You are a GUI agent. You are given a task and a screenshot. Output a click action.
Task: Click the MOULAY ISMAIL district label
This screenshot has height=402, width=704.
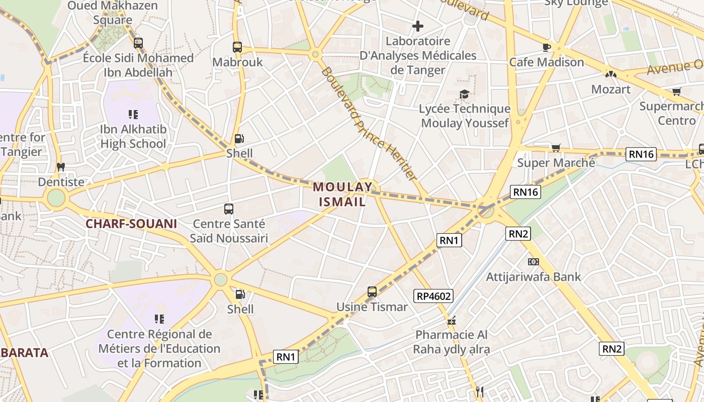[x=342, y=194]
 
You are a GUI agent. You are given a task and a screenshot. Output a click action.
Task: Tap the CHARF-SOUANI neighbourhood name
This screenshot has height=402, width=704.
[x=131, y=224]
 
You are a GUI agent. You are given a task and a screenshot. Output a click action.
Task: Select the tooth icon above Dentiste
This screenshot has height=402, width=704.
[x=61, y=167]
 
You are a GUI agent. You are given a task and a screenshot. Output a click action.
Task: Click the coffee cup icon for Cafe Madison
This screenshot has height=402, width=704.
[x=547, y=47]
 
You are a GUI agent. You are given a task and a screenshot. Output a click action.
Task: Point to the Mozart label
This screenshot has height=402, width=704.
[x=610, y=89]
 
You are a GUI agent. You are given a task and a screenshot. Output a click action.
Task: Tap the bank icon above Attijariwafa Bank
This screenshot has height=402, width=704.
[x=533, y=262]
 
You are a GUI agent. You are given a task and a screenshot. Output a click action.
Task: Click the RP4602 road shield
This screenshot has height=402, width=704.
[x=433, y=296]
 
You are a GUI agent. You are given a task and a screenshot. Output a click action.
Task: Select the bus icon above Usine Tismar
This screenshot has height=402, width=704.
[x=372, y=292]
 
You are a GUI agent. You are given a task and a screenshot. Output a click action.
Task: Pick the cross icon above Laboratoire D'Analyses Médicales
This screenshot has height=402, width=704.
[x=418, y=26]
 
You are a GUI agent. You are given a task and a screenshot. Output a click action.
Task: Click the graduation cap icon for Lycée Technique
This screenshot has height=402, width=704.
[x=464, y=94]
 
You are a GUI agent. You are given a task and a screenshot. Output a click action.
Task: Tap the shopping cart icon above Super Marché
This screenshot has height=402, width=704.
[x=556, y=148]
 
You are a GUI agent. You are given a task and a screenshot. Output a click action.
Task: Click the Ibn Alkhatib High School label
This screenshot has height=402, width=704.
[x=133, y=137]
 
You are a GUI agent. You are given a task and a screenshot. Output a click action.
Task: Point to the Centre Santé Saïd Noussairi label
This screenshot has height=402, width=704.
[x=229, y=231]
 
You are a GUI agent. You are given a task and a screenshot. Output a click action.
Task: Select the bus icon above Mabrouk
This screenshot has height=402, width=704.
[x=237, y=47]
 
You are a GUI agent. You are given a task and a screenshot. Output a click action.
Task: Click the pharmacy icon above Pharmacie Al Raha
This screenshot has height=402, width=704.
[x=451, y=320]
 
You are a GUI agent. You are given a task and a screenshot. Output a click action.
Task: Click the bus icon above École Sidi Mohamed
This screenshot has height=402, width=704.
[x=138, y=43]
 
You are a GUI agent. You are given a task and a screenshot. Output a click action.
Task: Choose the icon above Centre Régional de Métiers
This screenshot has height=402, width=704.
[x=159, y=319]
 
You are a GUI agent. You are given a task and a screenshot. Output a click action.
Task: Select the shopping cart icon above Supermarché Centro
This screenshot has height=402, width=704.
[x=677, y=92]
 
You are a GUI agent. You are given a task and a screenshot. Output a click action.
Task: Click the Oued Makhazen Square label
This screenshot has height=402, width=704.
[x=113, y=13]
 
